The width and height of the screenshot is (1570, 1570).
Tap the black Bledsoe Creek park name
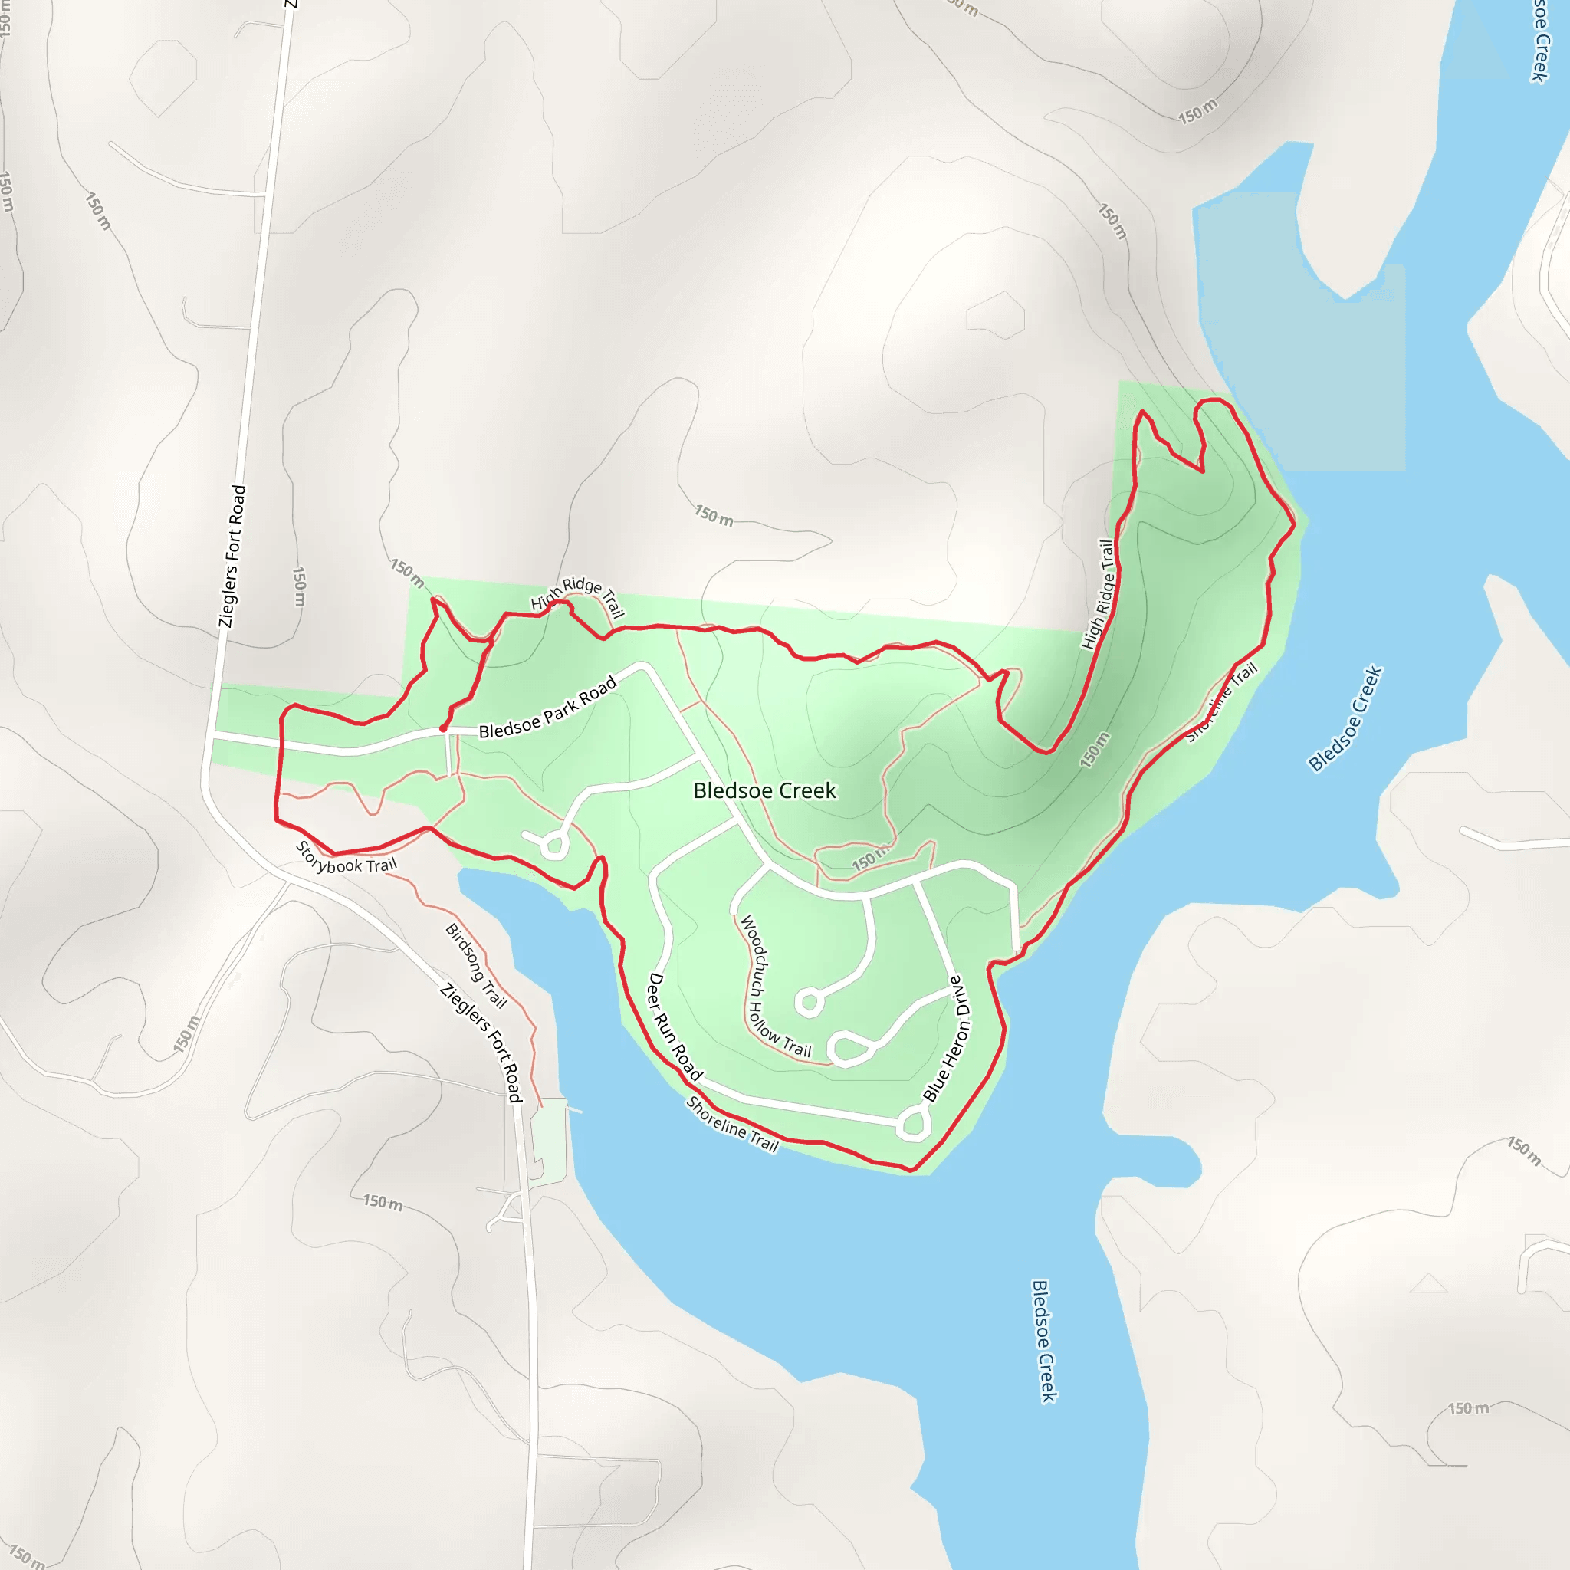pyautogui.click(x=764, y=790)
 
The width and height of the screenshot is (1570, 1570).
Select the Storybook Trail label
pyautogui.click(x=347, y=858)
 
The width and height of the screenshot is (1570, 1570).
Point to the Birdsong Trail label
pyautogui.click(x=476, y=965)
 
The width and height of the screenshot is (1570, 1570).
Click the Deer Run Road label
pyautogui.click(x=675, y=1026)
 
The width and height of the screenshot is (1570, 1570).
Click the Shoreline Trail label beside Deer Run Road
pyautogui.click(x=732, y=1125)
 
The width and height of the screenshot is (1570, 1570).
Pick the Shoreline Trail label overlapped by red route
pyautogui.click(x=1221, y=702)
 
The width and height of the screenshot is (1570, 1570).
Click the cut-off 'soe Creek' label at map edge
pyautogui.click(x=1539, y=41)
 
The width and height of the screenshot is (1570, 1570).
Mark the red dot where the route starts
pyautogui.click(x=442, y=729)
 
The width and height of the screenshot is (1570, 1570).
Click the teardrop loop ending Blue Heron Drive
pyautogui.click(x=913, y=1124)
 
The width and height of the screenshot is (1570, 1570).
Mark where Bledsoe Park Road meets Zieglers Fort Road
pyautogui.click(x=212, y=736)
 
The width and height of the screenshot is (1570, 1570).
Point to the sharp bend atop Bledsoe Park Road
pyautogui.click(x=644, y=666)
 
